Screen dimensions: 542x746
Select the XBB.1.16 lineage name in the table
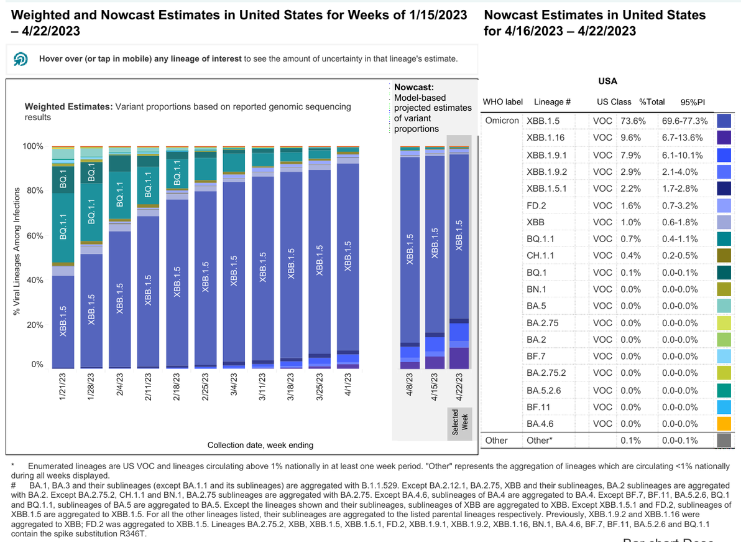545,138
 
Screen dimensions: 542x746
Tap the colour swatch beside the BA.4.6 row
723,424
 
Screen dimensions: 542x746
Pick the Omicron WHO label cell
502,121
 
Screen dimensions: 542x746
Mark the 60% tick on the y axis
34,236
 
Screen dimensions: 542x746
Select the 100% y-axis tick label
32,147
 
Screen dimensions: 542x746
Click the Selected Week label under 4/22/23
459,423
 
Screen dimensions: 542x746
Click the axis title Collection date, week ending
260,445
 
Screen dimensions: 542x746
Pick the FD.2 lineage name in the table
536,205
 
